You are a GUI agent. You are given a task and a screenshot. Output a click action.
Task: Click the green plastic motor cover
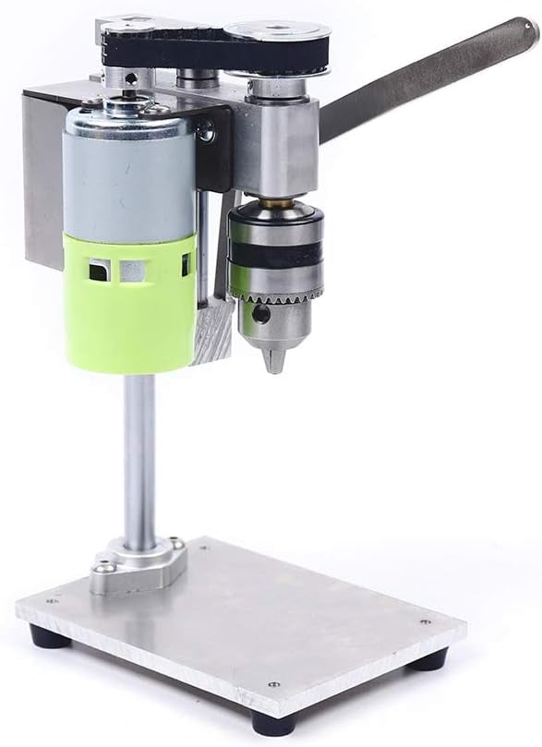tap(129, 305)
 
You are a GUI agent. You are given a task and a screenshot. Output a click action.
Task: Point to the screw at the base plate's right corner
tap(424, 621)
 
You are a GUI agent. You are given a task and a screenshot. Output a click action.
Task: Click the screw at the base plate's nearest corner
tap(271, 684)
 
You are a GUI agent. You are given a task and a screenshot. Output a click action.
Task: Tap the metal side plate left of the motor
tap(42, 175)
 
